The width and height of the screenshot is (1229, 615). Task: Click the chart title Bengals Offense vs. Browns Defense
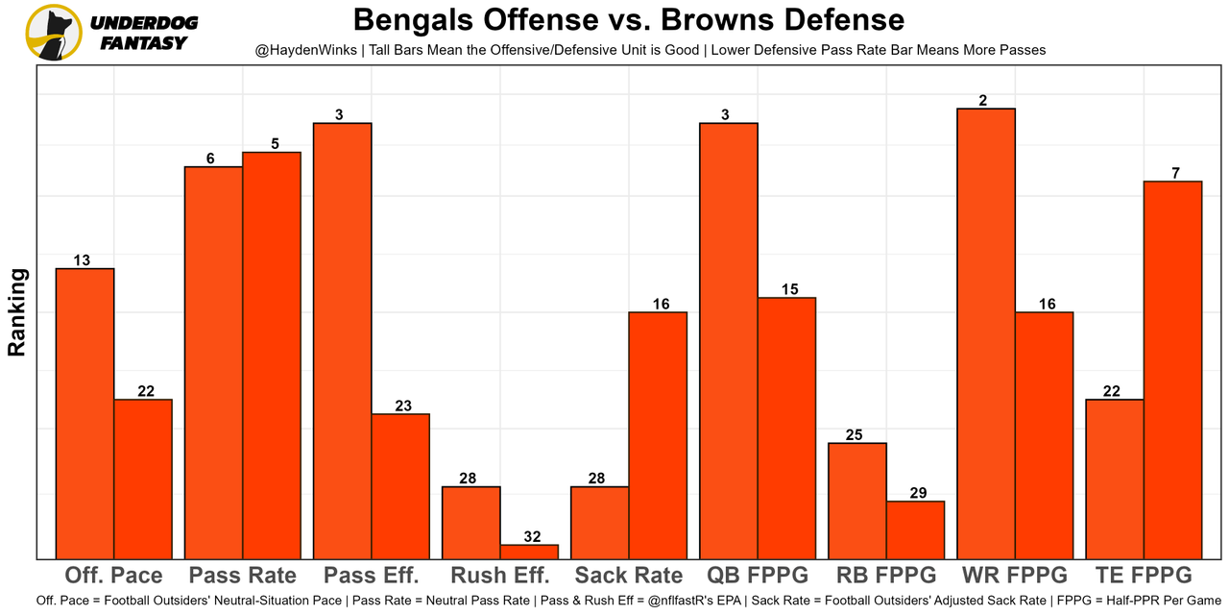pos(628,20)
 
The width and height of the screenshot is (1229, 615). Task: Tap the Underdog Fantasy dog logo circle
pos(54,32)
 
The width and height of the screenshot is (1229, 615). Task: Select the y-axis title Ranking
pos(17,312)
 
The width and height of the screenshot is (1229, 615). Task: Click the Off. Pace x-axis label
pos(113,576)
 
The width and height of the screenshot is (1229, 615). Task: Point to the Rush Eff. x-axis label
pos(500,576)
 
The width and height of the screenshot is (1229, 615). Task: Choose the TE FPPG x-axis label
pos(1144,576)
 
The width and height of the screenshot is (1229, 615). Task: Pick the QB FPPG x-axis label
pos(758,576)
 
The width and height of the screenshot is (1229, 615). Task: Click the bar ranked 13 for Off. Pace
pos(84,413)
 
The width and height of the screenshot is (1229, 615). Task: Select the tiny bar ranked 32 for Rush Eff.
pos(529,552)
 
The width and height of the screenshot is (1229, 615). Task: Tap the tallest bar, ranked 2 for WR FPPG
pos(986,332)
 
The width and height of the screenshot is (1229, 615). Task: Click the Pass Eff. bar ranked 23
pos(400,485)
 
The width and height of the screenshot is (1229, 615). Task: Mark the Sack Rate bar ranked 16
pos(658,434)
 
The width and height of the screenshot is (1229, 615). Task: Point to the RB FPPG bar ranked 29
pos(915,529)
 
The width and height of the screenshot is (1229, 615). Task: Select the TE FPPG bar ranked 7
pos(1172,369)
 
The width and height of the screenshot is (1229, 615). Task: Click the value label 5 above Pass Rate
pos(275,144)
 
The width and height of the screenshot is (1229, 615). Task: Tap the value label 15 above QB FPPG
pos(786,289)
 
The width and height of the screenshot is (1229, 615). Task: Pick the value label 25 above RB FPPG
pos(855,434)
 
